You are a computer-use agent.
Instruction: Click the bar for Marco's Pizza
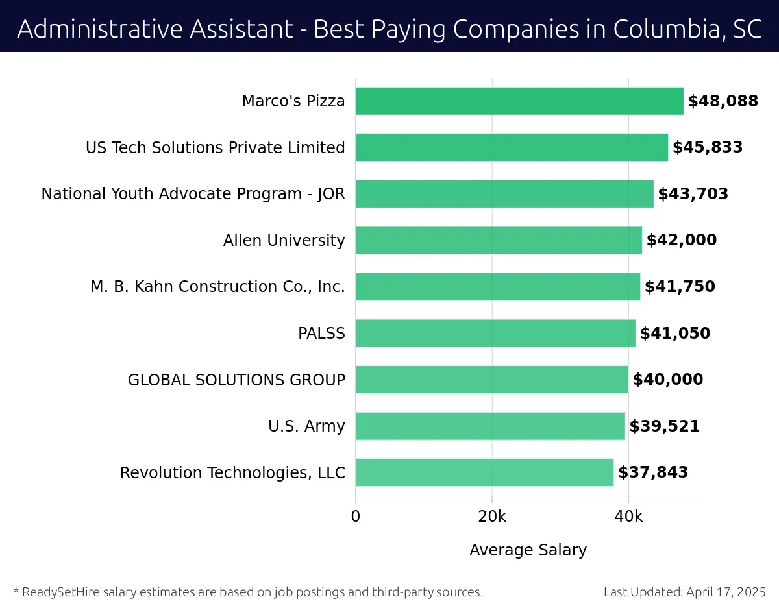pyautogui.click(x=519, y=101)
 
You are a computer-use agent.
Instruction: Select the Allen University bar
pyautogui.click(x=499, y=240)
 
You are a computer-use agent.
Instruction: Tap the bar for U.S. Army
pyautogui.click(x=490, y=426)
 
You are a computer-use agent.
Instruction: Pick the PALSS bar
pyautogui.click(x=495, y=333)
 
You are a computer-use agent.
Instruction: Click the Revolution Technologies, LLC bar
pyautogui.click(x=484, y=472)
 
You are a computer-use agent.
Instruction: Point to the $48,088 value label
pyautogui.click(x=723, y=101)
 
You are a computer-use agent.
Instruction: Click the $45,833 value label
pyautogui.click(x=707, y=147)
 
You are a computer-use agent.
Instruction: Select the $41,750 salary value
pyautogui.click(x=679, y=287)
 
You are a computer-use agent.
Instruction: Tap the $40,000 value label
pyautogui.click(x=667, y=380)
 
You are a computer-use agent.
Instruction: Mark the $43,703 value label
pyautogui.click(x=693, y=194)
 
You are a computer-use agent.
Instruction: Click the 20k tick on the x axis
pyautogui.click(x=492, y=517)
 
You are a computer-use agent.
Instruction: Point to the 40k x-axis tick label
pyautogui.click(x=628, y=517)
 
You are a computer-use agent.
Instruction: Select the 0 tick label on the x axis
pyautogui.click(x=356, y=517)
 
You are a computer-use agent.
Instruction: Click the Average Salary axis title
pyautogui.click(x=528, y=550)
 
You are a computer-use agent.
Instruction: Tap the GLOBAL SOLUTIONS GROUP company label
pyautogui.click(x=236, y=380)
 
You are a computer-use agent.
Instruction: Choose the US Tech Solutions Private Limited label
pyautogui.click(x=215, y=147)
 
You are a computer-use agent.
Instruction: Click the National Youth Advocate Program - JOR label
pyautogui.click(x=193, y=194)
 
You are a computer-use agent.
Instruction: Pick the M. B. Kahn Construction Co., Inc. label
pyautogui.click(x=217, y=287)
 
